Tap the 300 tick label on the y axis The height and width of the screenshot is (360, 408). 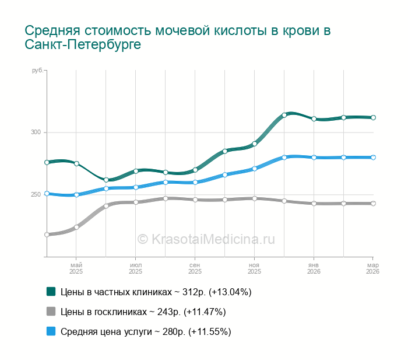pyautogui.click(x=37, y=132)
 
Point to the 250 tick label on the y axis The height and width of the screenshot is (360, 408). pyautogui.click(x=37, y=194)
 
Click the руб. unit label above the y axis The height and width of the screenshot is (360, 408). pyautogui.click(x=38, y=71)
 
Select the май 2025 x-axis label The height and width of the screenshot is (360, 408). pyautogui.click(x=76, y=268)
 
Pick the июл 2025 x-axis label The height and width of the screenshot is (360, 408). pyautogui.click(x=135, y=268)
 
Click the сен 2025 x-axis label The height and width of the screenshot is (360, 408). pyautogui.click(x=195, y=268)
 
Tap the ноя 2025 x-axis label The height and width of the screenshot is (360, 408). pyautogui.click(x=254, y=268)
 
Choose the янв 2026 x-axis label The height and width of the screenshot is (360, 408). pyautogui.click(x=314, y=268)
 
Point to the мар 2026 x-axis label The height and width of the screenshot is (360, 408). pyautogui.click(x=372, y=268)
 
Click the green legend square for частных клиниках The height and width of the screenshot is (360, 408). pyautogui.click(x=51, y=291)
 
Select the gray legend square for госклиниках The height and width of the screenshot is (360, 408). pyautogui.click(x=51, y=312)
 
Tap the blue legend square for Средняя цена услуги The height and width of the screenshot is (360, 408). pyautogui.click(x=51, y=331)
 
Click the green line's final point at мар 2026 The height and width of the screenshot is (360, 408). pyautogui.click(x=373, y=117)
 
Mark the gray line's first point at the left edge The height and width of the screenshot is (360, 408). pyautogui.click(x=47, y=235)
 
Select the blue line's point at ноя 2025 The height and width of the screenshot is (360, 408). pyautogui.click(x=255, y=169)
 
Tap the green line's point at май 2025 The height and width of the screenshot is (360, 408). pyautogui.click(x=76, y=163)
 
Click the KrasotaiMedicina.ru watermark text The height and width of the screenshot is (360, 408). pyautogui.click(x=206, y=239)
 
